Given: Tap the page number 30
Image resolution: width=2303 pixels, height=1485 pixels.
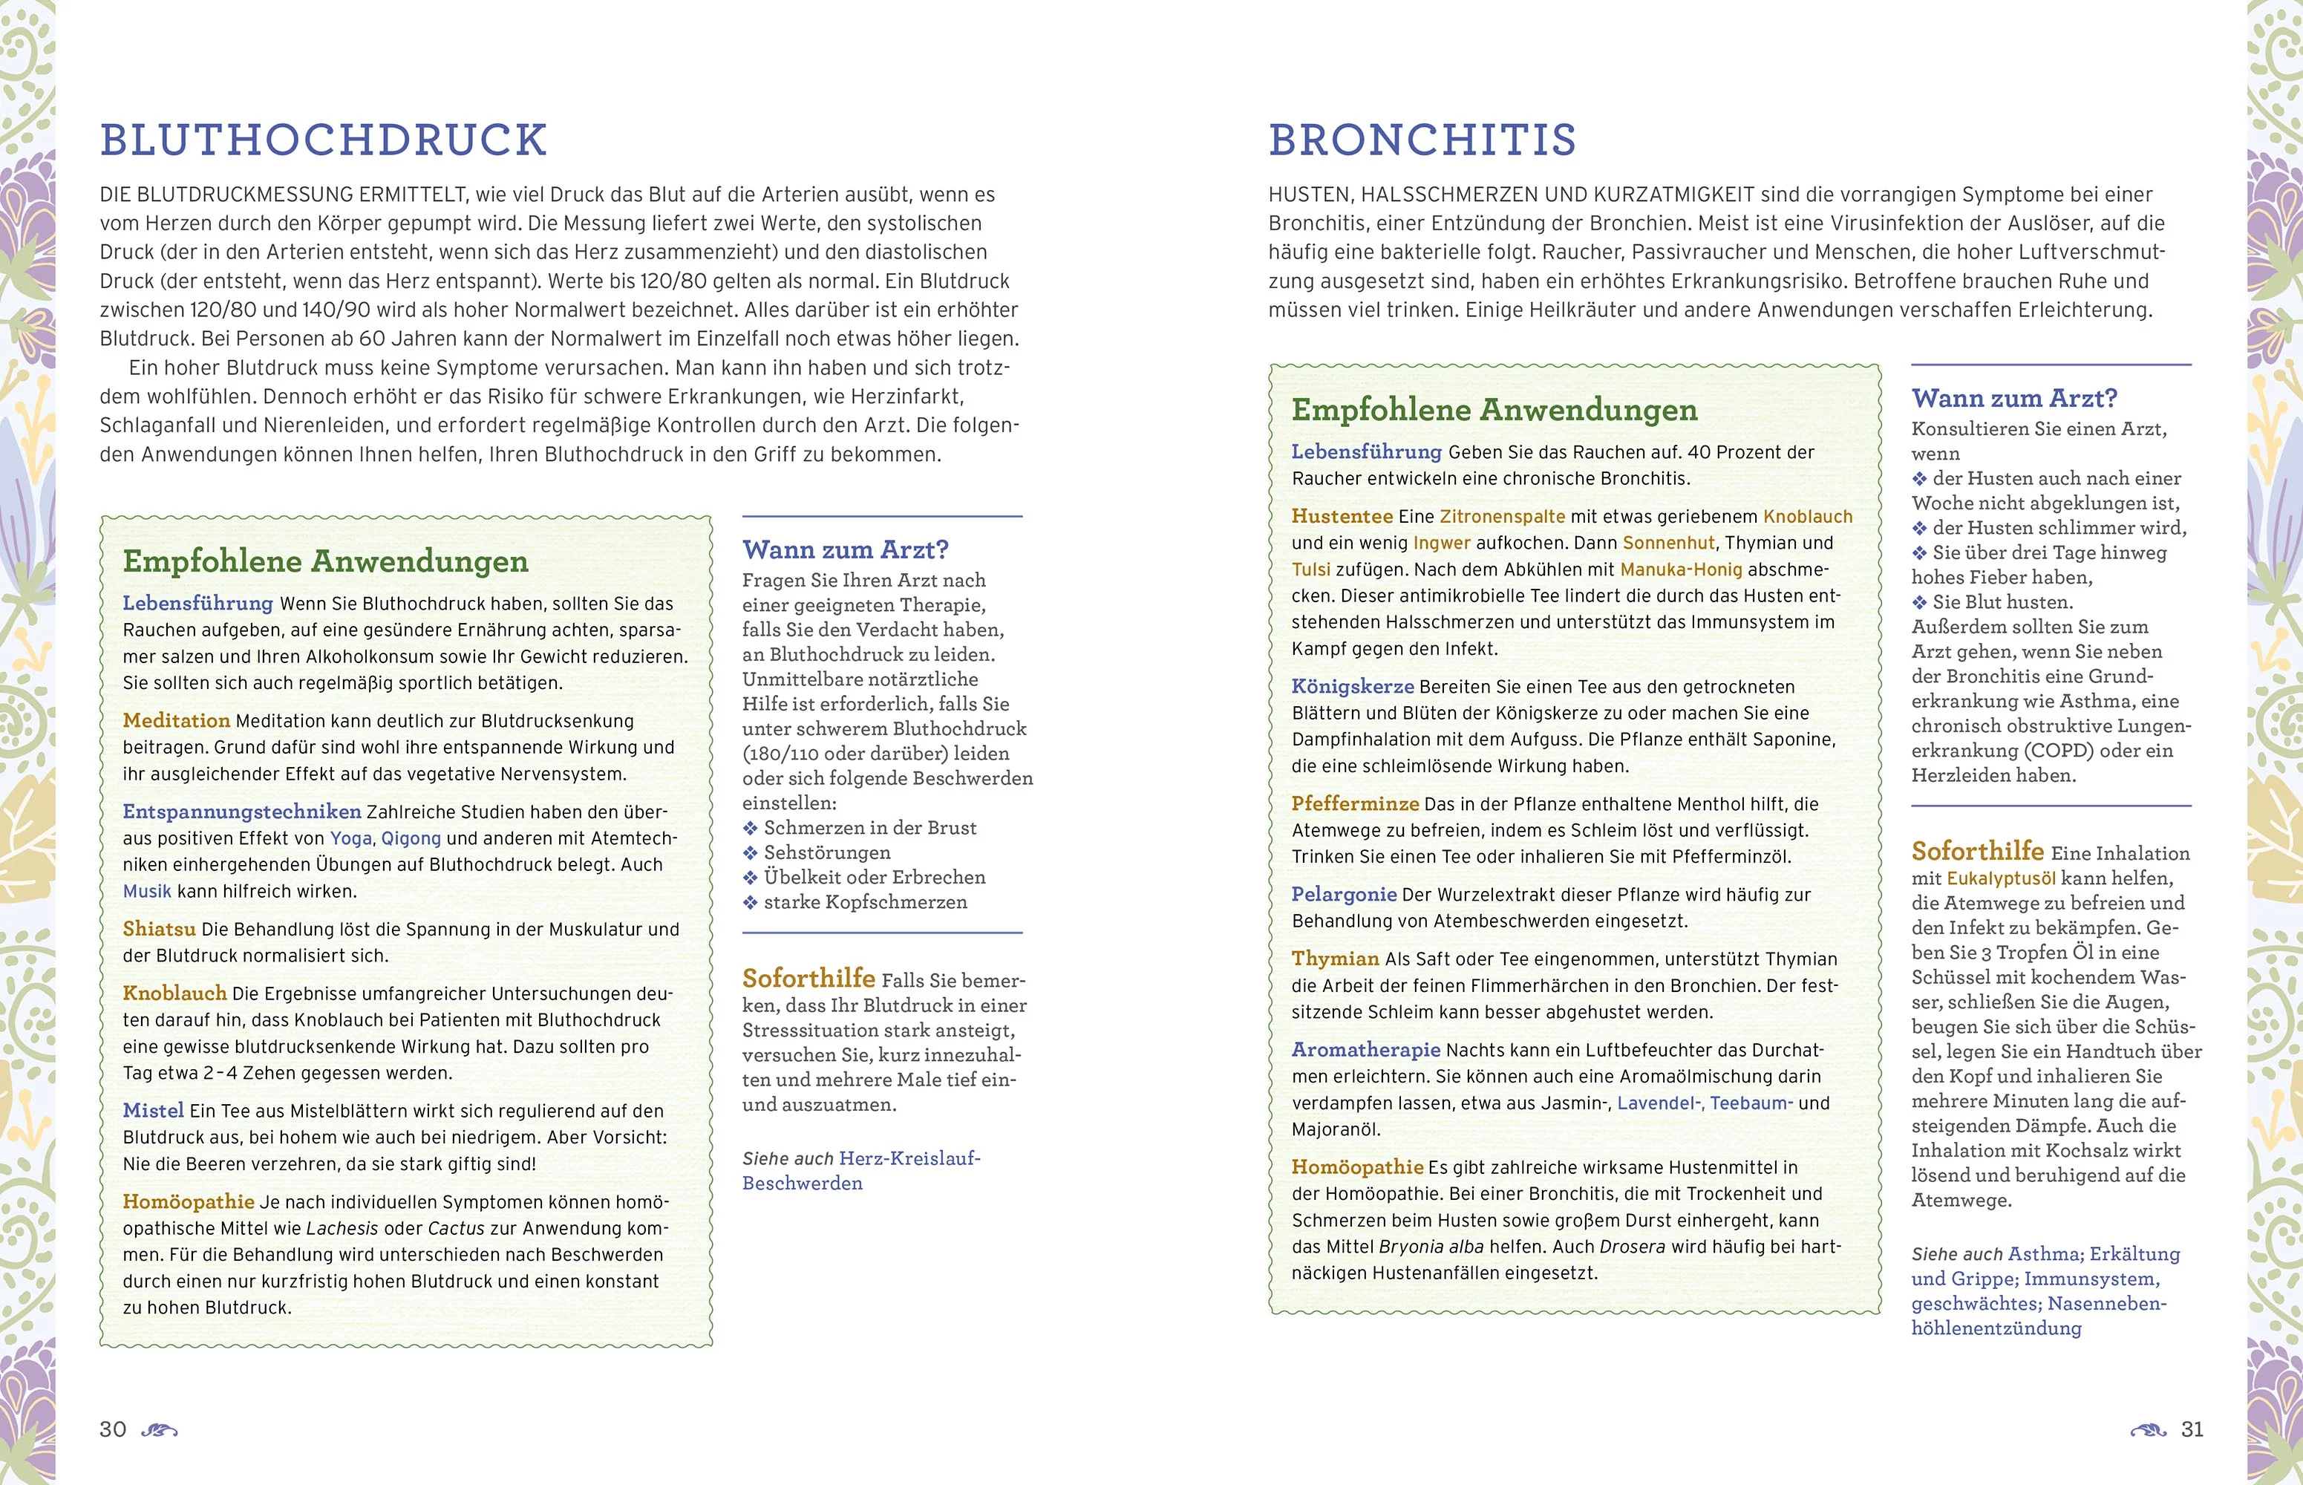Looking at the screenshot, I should pos(113,1429).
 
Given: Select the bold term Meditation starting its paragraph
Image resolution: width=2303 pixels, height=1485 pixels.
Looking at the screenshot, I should pos(177,720).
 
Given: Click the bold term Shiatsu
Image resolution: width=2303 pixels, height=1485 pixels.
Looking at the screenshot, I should pos(159,929).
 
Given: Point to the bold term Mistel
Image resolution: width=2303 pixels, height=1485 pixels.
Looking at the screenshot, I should pos(153,1110).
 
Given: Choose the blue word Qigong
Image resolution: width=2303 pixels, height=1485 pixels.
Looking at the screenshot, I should pos(411,838).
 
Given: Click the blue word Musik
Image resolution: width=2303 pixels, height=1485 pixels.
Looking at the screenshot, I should pos(146,891).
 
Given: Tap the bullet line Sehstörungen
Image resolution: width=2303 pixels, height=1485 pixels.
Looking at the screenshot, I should pos(826,852).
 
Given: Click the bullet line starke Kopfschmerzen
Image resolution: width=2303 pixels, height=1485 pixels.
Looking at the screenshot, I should pos(865,903).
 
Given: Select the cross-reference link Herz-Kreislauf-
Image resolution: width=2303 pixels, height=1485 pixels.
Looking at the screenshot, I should pos(909,1158).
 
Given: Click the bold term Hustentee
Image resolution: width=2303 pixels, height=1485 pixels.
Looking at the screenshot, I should pos(1342,516).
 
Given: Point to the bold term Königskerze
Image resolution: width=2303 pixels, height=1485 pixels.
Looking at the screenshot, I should pos(1353,687).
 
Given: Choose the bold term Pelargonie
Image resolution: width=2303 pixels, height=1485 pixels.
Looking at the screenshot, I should pos(1344,894).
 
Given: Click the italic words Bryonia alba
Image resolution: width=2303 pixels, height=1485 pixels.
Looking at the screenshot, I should pos(1431,1247).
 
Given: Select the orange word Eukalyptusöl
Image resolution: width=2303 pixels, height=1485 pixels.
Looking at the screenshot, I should pos(2002,878).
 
